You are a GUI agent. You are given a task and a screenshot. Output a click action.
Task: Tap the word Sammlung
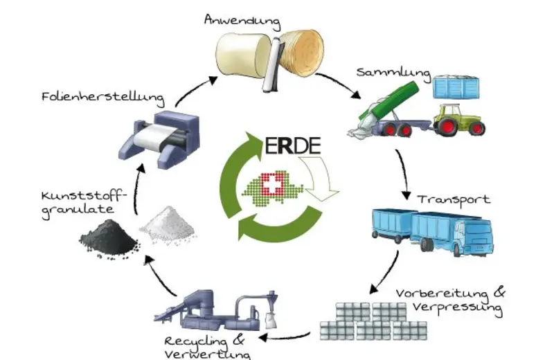(x=393, y=72)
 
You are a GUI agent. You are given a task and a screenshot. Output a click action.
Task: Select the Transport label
(x=454, y=200)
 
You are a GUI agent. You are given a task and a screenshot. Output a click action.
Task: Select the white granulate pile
(x=166, y=224)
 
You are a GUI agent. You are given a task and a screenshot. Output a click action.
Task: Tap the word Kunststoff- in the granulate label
(x=69, y=195)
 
